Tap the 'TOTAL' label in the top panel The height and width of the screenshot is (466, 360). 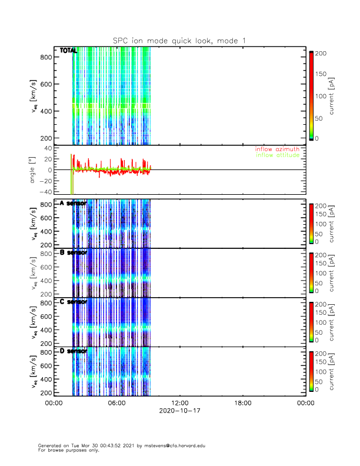pyautogui.click(x=68, y=51)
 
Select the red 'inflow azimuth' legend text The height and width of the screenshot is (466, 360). pyautogui.click(x=277, y=149)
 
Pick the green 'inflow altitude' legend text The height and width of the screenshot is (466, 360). pyautogui.click(x=277, y=155)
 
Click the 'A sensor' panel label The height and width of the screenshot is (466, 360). pyautogui.click(x=74, y=203)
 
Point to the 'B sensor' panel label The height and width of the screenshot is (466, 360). pyautogui.click(x=74, y=252)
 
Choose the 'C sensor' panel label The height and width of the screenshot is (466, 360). pyautogui.click(x=74, y=302)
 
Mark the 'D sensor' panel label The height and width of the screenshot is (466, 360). pyautogui.click(x=74, y=351)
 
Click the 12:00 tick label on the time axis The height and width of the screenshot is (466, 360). pyautogui.click(x=179, y=403)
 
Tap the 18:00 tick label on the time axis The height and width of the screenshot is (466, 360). pyautogui.click(x=242, y=403)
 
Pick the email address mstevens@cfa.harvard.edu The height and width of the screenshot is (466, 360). pyautogui.click(x=174, y=445)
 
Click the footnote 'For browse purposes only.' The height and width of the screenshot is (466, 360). pyautogui.click(x=65, y=450)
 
